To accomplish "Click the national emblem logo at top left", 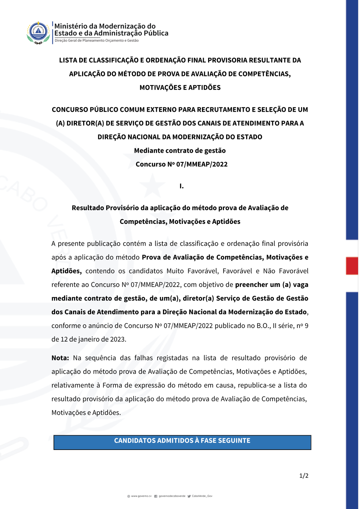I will tap(38, 32).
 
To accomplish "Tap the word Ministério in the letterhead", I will tap(71, 26).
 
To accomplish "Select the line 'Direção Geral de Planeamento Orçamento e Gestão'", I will tap(96, 41).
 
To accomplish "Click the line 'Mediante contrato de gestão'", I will tap(180, 150).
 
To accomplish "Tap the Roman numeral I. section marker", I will tap(181, 186).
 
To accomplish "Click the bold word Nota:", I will tap(60, 358).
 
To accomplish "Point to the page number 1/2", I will tap(304, 476).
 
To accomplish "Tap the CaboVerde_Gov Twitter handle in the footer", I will tap(202, 496).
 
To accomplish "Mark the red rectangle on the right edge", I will tap(352, 266).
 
